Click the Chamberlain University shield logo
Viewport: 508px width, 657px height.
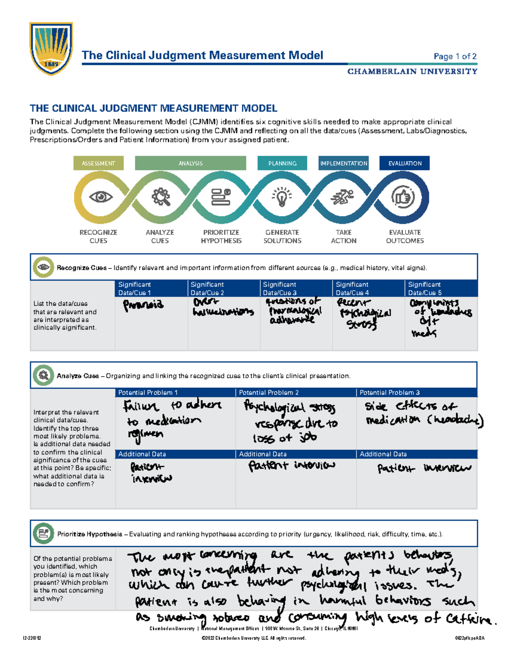click(x=51, y=48)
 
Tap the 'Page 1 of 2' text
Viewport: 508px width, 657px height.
click(x=455, y=56)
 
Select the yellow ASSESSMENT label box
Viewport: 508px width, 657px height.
click(x=98, y=163)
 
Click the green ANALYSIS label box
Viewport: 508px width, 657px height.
click(x=190, y=163)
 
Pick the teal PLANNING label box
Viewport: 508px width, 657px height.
click(x=282, y=163)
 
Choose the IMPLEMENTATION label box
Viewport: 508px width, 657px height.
click(x=343, y=163)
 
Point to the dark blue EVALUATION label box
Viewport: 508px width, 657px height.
click(x=405, y=163)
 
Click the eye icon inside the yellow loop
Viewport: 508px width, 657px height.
click(x=101, y=197)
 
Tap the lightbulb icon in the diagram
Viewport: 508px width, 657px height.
click(x=282, y=197)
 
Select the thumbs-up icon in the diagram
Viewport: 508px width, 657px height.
click(x=403, y=197)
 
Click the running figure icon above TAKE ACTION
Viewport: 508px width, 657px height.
click(x=342, y=197)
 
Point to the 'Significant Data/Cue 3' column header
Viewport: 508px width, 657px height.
click(x=279, y=289)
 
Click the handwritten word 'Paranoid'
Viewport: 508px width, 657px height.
click(x=143, y=305)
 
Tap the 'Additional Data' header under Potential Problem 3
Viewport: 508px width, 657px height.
click(x=383, y=454)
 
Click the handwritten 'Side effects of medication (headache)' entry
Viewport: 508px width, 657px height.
click(x=423, y=413)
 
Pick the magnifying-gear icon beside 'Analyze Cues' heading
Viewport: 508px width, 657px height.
click(x=43, y=375)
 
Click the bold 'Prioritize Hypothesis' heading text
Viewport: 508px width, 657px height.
click(x=89, y=534)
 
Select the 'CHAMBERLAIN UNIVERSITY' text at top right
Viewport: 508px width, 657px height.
click(x=412, y=71)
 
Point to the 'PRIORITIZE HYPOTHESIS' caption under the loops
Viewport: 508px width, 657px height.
click(x=221, y=236)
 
